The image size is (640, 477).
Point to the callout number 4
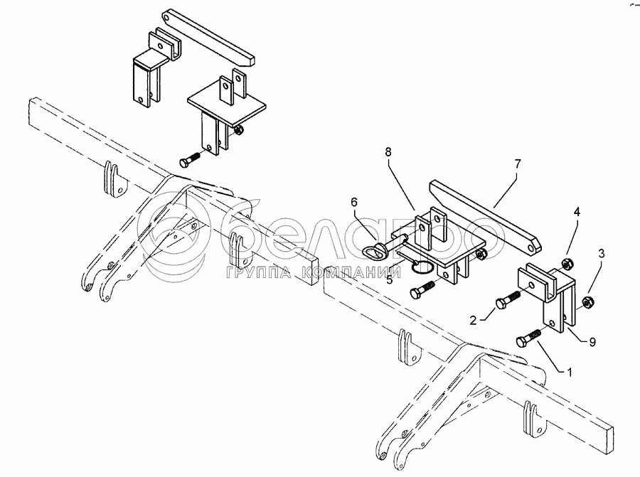tap(577, 211)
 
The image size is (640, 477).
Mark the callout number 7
tap(518, 164)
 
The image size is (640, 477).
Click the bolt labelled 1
tap(526, 341)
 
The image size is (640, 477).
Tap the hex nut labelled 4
tap(567, 264)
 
